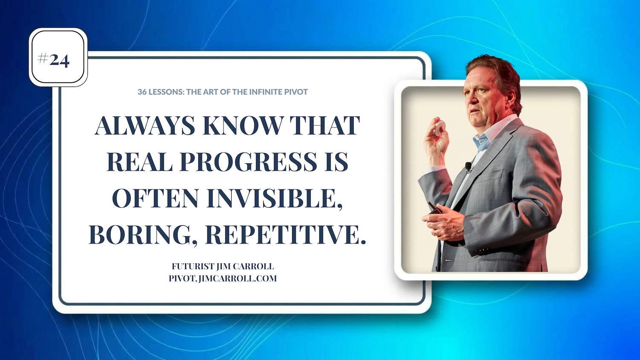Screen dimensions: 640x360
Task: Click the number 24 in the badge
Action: coord(59,61)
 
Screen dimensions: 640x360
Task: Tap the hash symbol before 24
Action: coord(43,59)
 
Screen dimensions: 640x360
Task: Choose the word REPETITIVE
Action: coord(285,235)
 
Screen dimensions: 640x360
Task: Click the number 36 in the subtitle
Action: coord(142,92)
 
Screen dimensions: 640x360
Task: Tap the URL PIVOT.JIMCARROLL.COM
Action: coord(223,278)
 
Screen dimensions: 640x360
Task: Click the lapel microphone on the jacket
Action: coord(468,167)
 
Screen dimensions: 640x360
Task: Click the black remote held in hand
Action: coord(435,208)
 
